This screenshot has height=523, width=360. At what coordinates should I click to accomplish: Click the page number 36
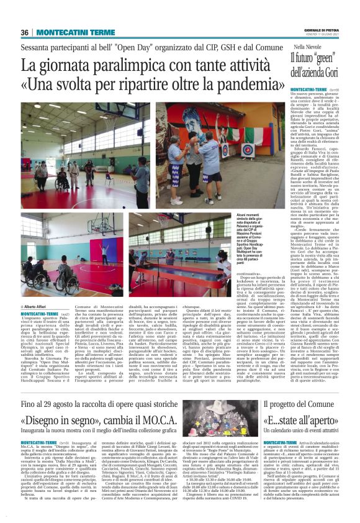tap(25, 32)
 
